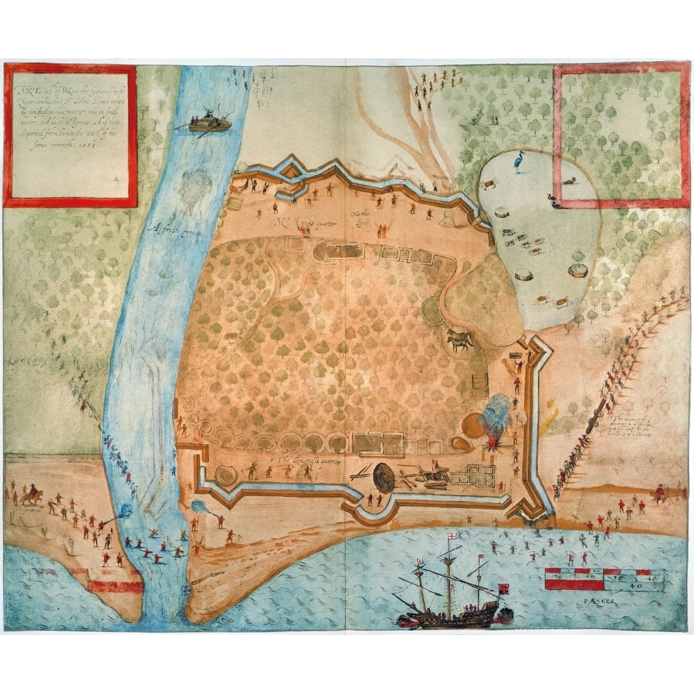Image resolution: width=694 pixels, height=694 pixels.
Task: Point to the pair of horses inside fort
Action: coord(459,341)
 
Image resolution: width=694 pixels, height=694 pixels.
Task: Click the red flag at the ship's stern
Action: coord(504,588)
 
